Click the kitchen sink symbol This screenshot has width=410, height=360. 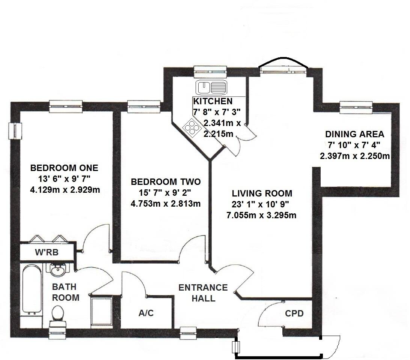(x=211, y=88)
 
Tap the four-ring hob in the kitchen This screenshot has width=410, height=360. (x=192, y=128)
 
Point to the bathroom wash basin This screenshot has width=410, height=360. (x=57, y=269)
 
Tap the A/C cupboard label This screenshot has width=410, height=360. (x=146, y=313)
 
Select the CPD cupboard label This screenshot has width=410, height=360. (x=294, y=313)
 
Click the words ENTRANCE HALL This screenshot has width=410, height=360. (x=203, y=293)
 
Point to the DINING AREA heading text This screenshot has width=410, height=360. (x=354, y=134)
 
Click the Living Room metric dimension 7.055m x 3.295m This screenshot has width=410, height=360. (x=261, y=215)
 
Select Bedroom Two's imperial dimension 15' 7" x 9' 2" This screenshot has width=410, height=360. (x=166, y=193)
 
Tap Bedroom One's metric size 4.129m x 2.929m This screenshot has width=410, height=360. (x=65, y=190)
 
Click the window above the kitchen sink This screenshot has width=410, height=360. (x=211, y=71)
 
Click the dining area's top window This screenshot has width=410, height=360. (x=356, y=107)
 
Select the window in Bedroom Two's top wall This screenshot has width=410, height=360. (x=143, y=106)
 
